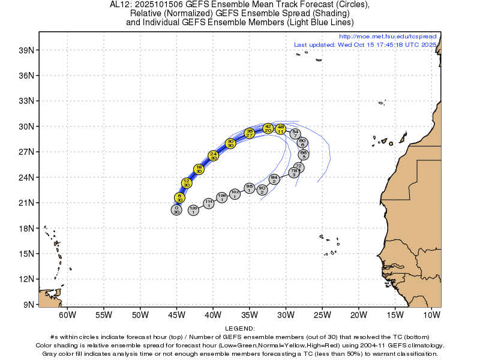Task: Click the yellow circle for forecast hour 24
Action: click(x=213, y=155)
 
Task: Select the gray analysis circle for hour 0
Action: click(x=176, y=209)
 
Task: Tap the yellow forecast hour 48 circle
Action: click(x=280, y=128)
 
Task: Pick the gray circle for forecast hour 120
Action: click(x=193, y=209)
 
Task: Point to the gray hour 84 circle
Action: click(x=274, y=179)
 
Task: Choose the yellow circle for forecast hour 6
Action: click(x=179, y=197)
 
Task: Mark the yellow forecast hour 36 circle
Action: click(x=250, y=133)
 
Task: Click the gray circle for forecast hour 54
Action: click(x=295, y=134)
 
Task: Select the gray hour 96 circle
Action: click(x=250, y=188)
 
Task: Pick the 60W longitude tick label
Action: click(x=67, y=315)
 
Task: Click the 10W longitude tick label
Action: click(x=431, y=315)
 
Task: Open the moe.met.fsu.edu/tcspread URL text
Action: click(x=388, y=37)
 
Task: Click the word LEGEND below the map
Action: click(x=240, y=329)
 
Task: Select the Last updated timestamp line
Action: click(x=365, y=45)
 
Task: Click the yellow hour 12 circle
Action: click(x=187, y=183)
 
